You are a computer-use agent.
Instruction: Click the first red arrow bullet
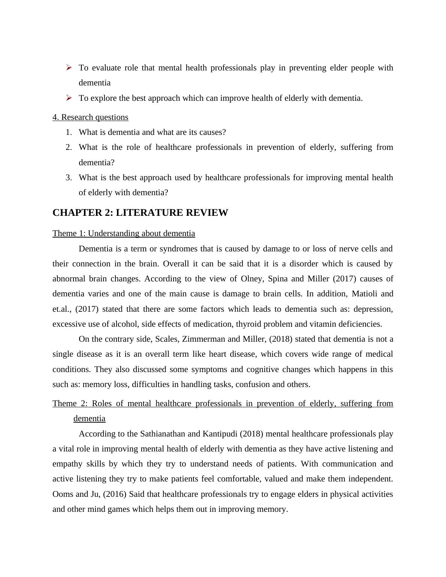(x=69, y=67)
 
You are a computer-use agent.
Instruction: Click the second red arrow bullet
(x=69, y=98)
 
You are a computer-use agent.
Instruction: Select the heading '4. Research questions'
(x=90, y=117)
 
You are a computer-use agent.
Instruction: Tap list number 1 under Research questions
(x=68, y=132)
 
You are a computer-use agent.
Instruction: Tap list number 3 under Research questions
(x=68, y=178)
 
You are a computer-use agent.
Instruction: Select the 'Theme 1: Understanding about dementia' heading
(x=124, y=233)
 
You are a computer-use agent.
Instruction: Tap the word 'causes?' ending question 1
(x=213, y=132)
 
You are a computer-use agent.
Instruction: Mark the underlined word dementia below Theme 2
(x=89, y=419)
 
